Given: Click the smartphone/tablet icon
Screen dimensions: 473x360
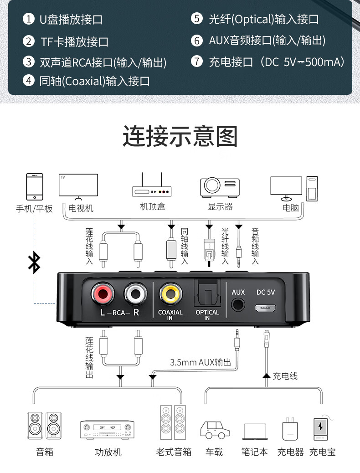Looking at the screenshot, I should [x=35, y=186].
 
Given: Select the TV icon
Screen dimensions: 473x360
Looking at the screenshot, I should [x=78, y=187].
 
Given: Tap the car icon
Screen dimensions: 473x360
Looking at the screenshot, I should [x=215, y=430].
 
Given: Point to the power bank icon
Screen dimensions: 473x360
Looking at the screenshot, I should [x=321, y=428].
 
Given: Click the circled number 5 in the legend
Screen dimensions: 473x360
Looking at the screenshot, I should [x=196, y=19].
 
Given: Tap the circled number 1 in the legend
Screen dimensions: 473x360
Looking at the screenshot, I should [x=29, y=19].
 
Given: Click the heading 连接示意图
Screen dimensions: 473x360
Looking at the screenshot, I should [x=180, y=136].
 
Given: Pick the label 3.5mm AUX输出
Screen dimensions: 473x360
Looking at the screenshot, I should [x=201, y=362].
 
